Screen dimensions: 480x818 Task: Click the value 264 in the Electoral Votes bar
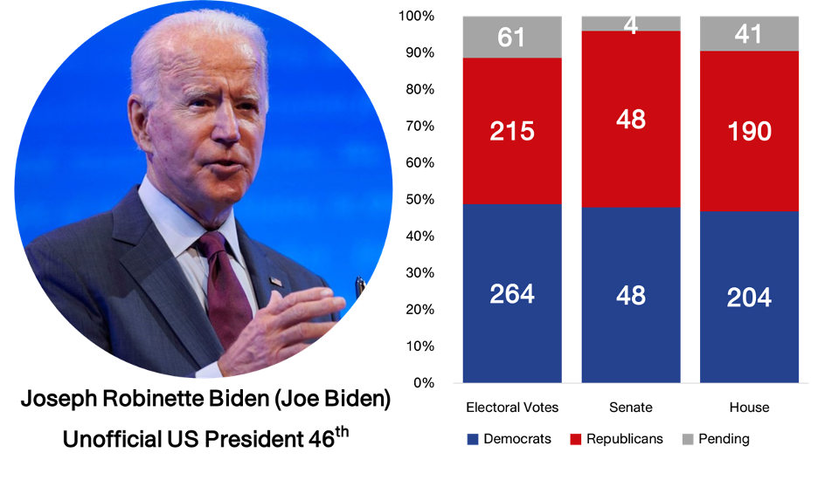(512, 294)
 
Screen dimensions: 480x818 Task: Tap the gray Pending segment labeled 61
(512, 38)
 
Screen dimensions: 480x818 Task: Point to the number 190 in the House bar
(749, 132)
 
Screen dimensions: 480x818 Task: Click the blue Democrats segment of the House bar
(749, 297)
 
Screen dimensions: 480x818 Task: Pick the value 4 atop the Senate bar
(631, 24)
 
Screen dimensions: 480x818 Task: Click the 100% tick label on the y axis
(414, 17)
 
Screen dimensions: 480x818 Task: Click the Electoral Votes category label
(512, 408)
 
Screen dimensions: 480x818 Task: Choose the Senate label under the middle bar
(631, 408)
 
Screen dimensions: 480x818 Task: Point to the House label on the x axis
(749, 408)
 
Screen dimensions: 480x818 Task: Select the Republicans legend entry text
(625, 439)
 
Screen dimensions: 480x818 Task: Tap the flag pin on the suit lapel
(276, 282)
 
